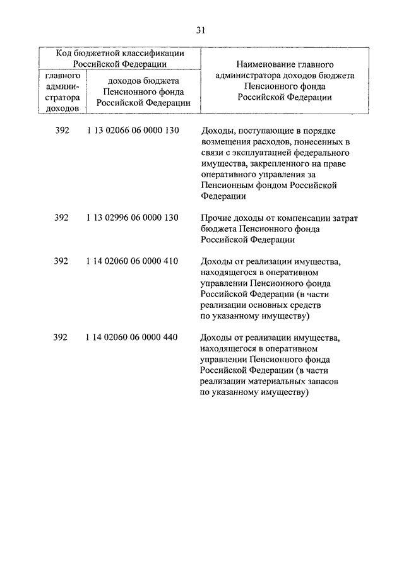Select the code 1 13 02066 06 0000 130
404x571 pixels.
click(x=133, y=131)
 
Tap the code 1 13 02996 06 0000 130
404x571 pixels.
click(x=133, y=218)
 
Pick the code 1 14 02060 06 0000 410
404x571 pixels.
click(x=133, y=261)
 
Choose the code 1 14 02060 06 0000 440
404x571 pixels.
click(x=133, y=337)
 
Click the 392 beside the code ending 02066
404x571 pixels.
click(x=61, y=131)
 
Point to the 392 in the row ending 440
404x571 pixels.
click(x=61, y=337)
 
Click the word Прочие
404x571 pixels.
click(x=215, y=218)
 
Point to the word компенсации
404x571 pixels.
click(x=304, y=218)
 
